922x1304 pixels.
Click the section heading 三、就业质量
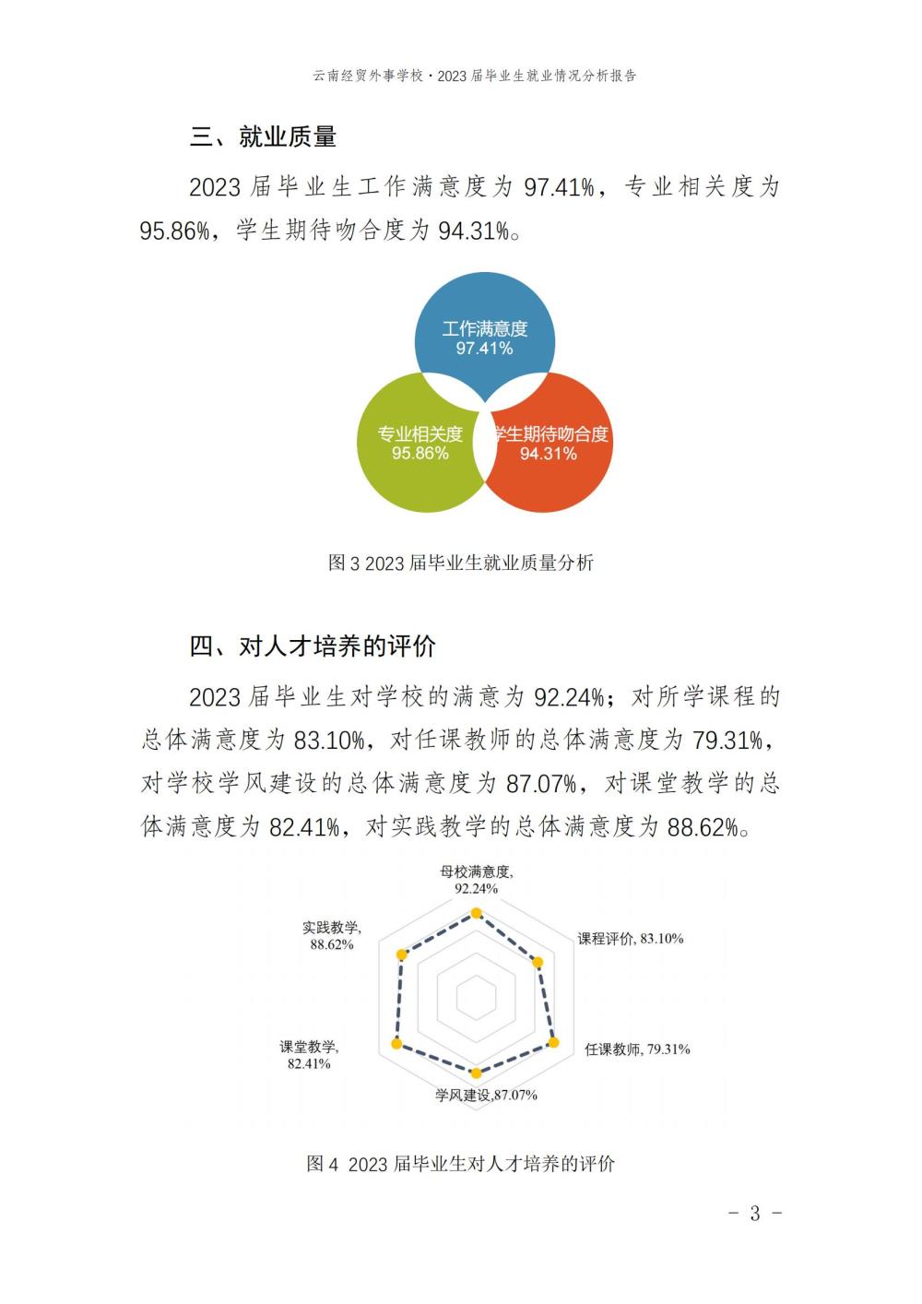[x=263, y=137]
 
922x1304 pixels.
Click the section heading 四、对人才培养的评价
[x=313, y=646]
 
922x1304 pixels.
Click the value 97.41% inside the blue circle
[x=485, y=349]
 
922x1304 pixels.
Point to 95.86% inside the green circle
[x=420, y=454]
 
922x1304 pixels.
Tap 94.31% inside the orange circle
[x=549, y=454]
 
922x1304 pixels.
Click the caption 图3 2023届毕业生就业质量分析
[x=461, y=563]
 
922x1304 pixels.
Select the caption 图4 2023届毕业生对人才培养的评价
[x=461, y=1164]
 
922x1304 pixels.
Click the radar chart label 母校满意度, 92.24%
[x=476, y=880]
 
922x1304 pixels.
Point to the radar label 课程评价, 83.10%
[x=631, y=939]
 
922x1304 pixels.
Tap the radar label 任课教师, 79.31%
[x=637, y=1049]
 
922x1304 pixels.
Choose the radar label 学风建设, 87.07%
[x=486, y=1096]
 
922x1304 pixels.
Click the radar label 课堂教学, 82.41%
[x=309, y=1055]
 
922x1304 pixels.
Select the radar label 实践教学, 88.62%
[x=332, y=936]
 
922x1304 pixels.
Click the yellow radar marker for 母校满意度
[x=476, y=913]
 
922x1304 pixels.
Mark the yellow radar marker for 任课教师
[x=554, y=1042]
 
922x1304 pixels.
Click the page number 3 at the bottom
[x=755, y=1214]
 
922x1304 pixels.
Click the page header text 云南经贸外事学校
[x=368, y=77]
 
